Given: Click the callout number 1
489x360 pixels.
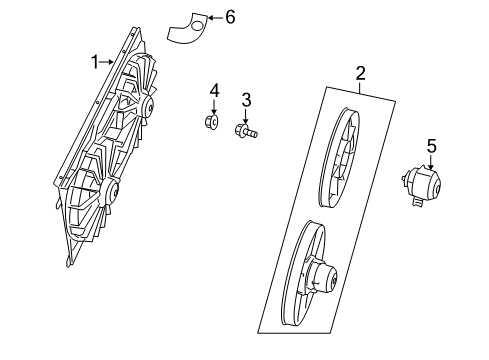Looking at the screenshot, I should (97, 62).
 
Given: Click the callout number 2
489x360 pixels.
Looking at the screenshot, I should (360, 73).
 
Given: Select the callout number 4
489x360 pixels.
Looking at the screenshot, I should (213, 92).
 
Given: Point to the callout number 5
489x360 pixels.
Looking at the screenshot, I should (432, 147).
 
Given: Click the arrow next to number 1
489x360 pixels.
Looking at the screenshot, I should (108, 62).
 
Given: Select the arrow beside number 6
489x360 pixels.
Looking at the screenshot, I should (215, 17).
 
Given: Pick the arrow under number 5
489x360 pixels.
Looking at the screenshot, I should (432, 162).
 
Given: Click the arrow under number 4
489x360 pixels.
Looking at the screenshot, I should (213, 107).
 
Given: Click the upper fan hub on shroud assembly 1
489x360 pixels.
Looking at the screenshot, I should (147, 106).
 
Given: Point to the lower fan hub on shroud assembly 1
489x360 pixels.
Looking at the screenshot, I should (112, 189).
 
